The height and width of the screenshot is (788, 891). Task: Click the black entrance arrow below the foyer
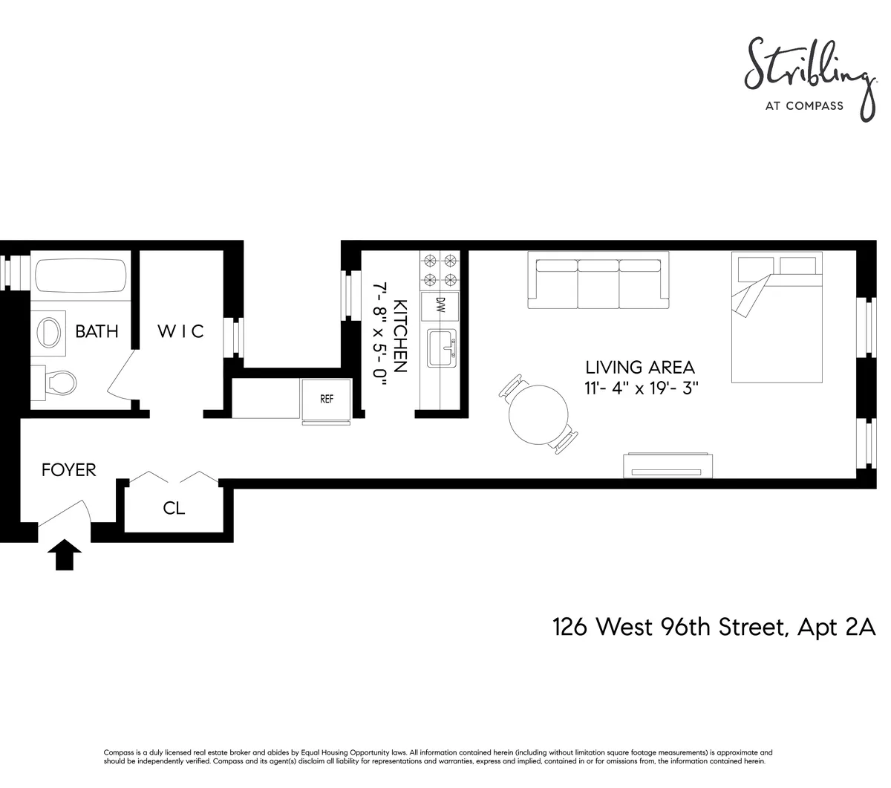(65, 555)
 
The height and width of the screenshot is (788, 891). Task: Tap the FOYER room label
(69, 470)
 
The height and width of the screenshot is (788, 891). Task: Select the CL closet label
(174, 509)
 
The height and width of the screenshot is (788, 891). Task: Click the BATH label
(97, 331)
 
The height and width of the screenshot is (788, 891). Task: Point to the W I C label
(180, 331)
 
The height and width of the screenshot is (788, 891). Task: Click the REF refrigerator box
(326, 400)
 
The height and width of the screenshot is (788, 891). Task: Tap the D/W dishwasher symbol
(440, 305)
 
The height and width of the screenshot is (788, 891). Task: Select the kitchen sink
(441, 348)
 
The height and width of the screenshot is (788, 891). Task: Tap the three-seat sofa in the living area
(598, 280)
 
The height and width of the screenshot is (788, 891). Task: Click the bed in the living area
(777, 318)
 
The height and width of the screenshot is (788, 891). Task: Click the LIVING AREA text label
(640, 368)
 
